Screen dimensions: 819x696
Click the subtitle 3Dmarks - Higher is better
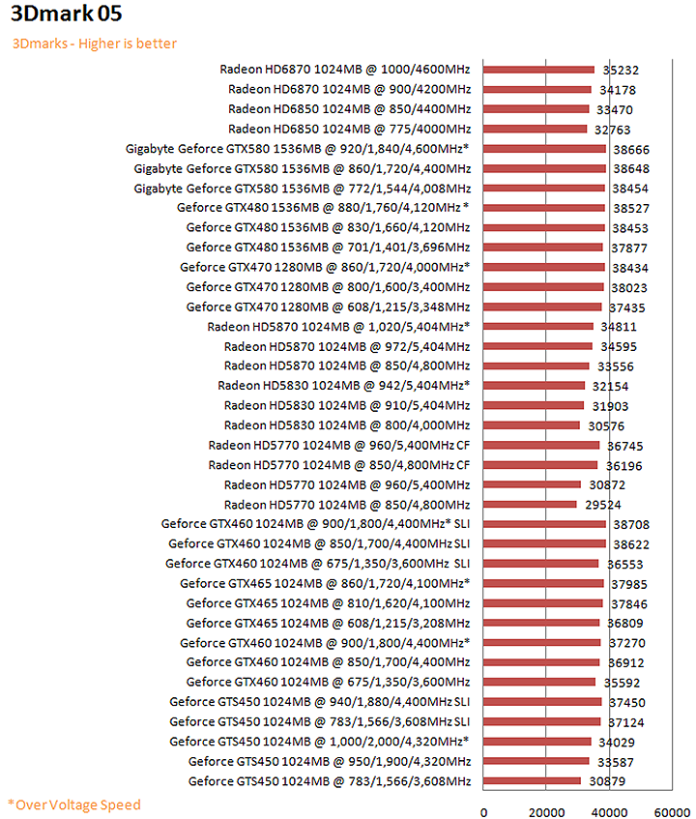tap(95, 44)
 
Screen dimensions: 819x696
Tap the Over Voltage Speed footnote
tap(74, 804)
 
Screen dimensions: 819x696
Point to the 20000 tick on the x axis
tap(546, 812)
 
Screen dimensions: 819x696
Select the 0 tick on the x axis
tap(483, 812)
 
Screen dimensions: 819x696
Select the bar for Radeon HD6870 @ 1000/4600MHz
tap(538, 70)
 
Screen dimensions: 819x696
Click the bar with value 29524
tap(530, 504)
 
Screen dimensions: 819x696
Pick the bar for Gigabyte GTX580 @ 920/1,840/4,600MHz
tap(544, 148)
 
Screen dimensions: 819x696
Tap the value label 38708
tap(629, 524)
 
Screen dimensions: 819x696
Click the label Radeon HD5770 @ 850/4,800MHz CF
tap(338, 465)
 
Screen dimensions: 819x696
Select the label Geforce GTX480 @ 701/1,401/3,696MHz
tap(329, 248)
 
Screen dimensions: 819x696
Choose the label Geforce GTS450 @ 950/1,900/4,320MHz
tap(330, 761)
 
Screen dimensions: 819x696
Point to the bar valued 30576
tap(532, 425)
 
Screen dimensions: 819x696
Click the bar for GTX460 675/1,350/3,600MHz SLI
tap(541, 564)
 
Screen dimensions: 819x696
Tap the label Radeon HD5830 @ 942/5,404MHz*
tap(344, 386)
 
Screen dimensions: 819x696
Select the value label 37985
tap(629, 583)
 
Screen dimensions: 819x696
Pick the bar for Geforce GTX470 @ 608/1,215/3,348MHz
tap(542, 307)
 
